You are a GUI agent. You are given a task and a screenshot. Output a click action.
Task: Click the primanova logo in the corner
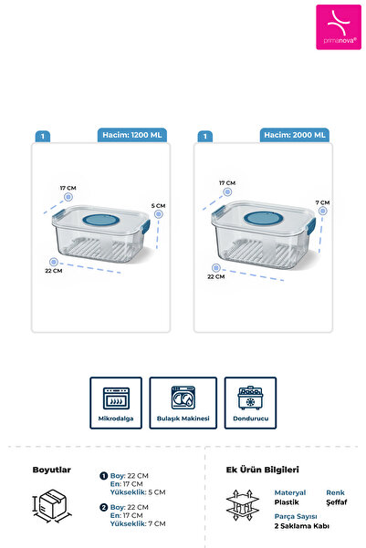tap(339, 27)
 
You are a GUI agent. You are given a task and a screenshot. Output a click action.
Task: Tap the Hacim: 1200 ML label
tap(132, 135)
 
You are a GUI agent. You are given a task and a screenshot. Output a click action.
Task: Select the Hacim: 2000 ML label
tap(294, 135)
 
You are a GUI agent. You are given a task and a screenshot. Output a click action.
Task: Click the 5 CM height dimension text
tap(158, 206)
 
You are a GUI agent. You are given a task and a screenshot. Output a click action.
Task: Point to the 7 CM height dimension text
tap(322, 202)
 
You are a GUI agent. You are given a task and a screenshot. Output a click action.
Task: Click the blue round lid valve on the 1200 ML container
tap(101, 220)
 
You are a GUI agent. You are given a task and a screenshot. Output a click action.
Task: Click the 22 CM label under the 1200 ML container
tap(54, 271)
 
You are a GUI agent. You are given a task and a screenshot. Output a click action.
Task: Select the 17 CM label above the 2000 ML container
tap(227, 182)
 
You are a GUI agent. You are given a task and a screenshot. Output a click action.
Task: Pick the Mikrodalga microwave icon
tap(116, 398)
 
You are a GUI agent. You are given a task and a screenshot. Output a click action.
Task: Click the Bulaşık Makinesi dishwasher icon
tap(183, 398)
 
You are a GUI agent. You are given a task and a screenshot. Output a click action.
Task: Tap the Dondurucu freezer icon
tap(250, 398)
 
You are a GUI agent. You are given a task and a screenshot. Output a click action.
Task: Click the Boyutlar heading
tap(52, 470)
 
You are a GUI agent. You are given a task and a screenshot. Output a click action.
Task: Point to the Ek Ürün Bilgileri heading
tap(263, 470)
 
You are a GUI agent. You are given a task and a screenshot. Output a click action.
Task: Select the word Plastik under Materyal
tap(287, 502)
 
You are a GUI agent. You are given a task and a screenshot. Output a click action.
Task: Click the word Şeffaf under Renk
tap(337, 502)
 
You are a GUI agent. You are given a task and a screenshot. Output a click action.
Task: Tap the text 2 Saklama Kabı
tap(301, 526)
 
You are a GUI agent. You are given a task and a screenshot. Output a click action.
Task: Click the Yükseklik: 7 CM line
tap(138, 523)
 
